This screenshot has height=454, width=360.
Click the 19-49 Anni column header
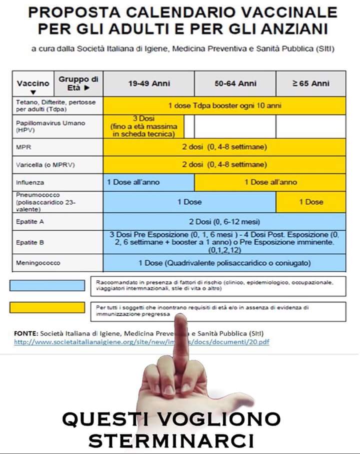148,84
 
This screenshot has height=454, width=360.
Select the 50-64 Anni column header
235,84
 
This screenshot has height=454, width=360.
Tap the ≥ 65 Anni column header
310,84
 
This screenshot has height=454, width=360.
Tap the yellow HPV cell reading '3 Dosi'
143,126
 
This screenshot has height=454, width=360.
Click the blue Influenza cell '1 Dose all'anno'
148,182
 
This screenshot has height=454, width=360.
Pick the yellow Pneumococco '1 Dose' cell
310,202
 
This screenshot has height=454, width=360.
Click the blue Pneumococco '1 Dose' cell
189,202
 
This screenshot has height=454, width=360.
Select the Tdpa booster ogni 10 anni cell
224,106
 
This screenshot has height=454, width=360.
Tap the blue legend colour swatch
47,285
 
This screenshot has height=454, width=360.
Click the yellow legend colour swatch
47,307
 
